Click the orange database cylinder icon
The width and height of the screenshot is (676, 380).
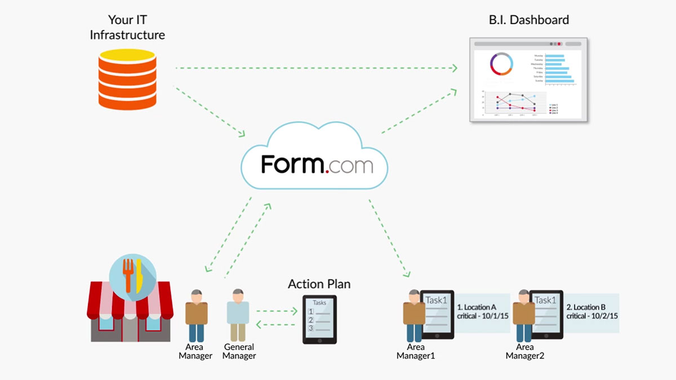tap(126, 78)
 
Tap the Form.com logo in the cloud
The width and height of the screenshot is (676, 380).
tap(317, 165)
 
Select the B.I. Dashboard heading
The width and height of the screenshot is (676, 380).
tap(528, 20)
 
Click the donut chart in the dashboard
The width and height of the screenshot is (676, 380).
tap(501, 64)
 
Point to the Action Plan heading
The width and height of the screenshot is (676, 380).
tap(319, 284)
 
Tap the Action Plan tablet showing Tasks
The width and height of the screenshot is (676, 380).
tap(319, 320)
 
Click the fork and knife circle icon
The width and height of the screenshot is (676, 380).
tap(132, 275)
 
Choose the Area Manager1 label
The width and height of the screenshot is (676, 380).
tap(416, 351)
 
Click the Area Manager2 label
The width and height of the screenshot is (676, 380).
tap(525, 351)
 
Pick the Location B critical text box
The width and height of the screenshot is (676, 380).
tap(592, 312)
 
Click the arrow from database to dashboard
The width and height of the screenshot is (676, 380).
tap(315, 68)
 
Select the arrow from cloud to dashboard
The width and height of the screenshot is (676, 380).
tap(419, 111)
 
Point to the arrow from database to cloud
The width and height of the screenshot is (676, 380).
tap(209, 112)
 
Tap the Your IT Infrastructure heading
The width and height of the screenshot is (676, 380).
tap(127, 27)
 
